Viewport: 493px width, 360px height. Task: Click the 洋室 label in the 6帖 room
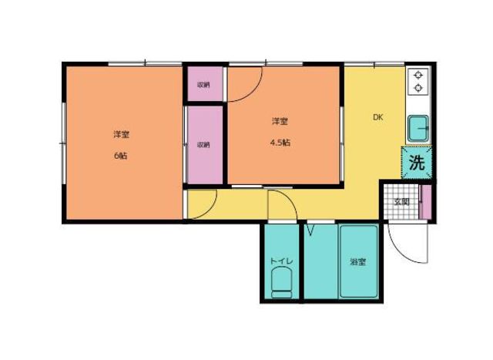pos(121,135)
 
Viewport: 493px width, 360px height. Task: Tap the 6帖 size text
pos(121,154)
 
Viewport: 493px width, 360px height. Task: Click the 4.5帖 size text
pos(280,142)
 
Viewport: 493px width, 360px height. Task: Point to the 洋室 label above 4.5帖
pos(280,122)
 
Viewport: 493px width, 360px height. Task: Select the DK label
pos(377,118)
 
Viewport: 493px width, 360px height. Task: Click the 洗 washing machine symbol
pos(417,163)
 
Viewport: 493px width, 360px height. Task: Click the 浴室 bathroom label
pos(357,262)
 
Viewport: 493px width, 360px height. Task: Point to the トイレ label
pos(280,262)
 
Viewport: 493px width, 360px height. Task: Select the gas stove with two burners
pos(418,81)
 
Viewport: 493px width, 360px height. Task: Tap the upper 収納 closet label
pos(203,85)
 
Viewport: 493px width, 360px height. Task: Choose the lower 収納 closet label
pos(203,144)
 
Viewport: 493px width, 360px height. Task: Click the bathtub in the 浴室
pos(358,262)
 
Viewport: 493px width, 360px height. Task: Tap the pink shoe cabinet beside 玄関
pos(425,202)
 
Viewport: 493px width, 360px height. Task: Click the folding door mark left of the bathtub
pos(311,230)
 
